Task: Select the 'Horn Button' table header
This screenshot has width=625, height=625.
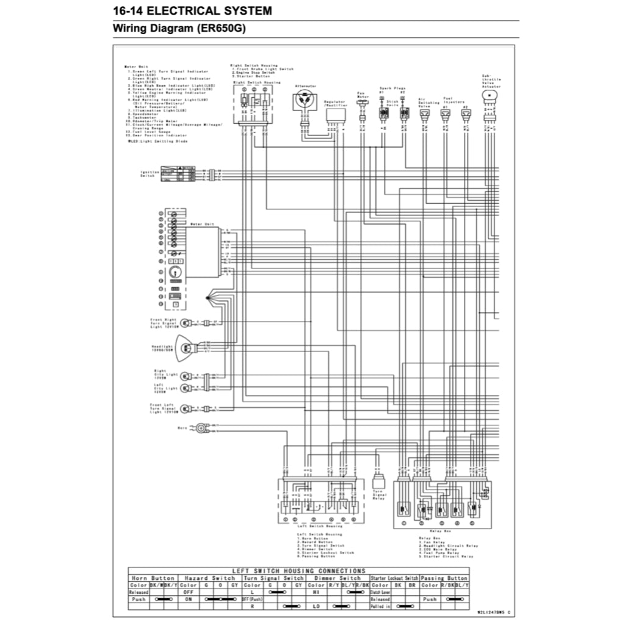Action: [145, 577]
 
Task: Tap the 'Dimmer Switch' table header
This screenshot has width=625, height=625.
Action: [338, 577]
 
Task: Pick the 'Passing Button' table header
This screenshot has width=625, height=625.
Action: [444, 577]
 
